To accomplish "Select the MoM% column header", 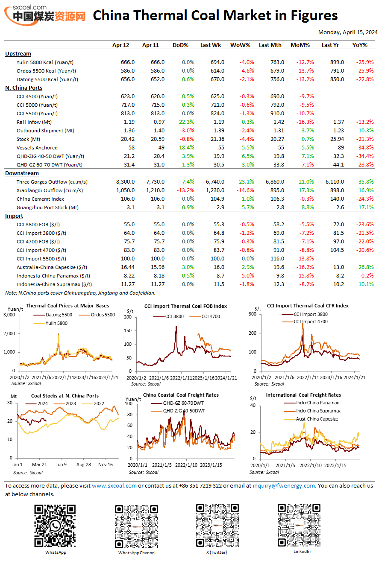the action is [x=300, y=45].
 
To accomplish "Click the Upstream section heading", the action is [x=18, y=54].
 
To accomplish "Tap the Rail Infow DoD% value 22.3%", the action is [x=186, y=122].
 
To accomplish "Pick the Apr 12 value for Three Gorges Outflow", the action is [x=125, y=182].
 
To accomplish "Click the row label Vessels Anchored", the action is [x=37, y=148].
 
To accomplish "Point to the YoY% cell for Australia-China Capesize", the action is [x=366, y=267].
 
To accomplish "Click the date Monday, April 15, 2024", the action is [x=347, y=32].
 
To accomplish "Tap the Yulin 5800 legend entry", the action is [x=50, y=323].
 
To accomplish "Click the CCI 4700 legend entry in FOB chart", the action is [x=205, y=316].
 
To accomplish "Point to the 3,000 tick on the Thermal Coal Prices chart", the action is [x=9, y=315].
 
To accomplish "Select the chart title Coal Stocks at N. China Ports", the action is [x=65, y=396].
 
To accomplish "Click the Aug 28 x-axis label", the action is [x=84, y=465].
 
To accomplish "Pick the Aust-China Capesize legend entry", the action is [x=311, y=419].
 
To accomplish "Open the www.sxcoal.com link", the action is [x=114, y=485].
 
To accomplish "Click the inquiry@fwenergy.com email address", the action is [x=283, y=485].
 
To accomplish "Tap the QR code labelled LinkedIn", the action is [x=299, y=525].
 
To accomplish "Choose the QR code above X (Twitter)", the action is [x=217, y=525].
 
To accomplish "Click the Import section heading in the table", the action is [x=14, y=216].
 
